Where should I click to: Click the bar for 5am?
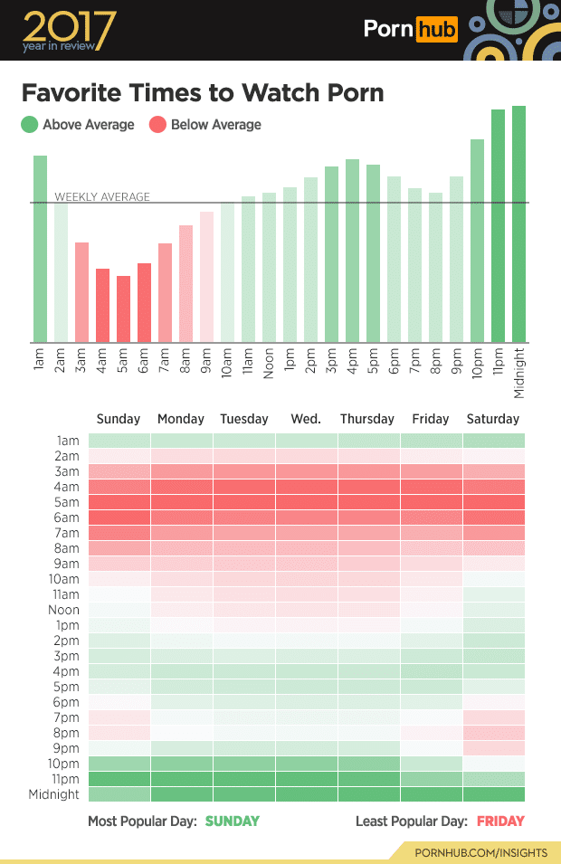[x=123, y=309]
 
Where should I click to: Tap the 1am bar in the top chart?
[x=40, y=249]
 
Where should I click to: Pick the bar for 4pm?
[x=352, y=251]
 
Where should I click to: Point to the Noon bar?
[x=269, y=268]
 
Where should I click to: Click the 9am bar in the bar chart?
[x=206, y=277]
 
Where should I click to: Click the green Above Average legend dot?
[x=30, y=125]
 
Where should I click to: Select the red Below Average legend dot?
[x=158, y=125]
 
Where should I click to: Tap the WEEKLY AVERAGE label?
[x=102, y=196]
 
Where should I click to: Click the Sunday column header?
[x=119, y=419]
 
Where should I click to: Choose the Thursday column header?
[x=367, y=419]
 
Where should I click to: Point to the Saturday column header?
[x=493, y=419]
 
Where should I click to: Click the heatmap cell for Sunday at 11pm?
[x=119, y=779]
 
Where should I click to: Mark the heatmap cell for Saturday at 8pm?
[x=493, y=733]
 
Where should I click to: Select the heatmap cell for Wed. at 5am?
[x=306, y=502]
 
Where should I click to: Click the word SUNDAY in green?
[x=233, y=821]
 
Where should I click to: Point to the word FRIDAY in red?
[x=501, y=821]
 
